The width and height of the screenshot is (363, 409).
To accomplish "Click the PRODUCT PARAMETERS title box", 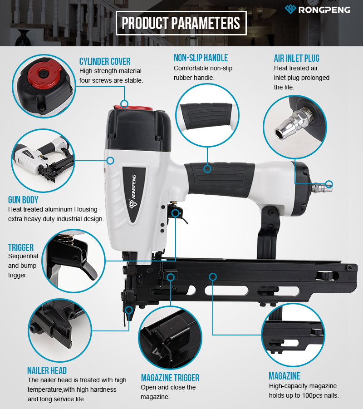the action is tap(181, 23).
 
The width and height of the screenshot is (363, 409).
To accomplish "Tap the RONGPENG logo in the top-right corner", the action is tap(317, 10).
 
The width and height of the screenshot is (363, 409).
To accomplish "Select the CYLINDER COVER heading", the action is tap(104, 62).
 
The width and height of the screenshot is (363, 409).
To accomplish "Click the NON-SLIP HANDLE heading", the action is tap(201, 58).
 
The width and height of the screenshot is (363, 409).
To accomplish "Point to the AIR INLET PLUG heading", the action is tap(296, 58).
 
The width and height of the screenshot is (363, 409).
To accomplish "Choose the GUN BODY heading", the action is tap(23, 200).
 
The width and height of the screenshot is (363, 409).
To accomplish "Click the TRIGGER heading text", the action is tap(21, 247).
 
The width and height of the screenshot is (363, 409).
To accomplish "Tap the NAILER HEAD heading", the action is tap(47, 370).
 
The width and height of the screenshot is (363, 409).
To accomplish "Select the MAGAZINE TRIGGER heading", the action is tap(170, 378).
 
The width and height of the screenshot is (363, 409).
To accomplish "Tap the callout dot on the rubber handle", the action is tap(207, 169).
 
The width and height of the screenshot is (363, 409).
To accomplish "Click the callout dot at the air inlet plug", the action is tap(329, 184).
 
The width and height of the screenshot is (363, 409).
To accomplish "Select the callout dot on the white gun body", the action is tap(111, 160).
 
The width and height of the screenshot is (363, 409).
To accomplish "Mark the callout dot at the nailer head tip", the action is tap(129, 310).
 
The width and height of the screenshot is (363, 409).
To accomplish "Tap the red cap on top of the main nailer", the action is tap(133, 108).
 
